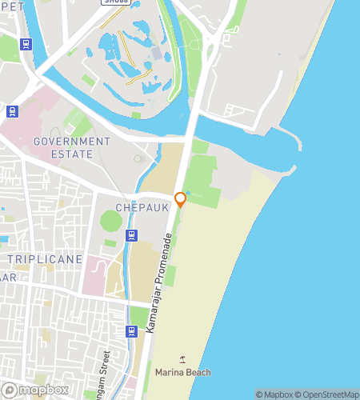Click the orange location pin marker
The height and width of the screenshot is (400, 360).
[180, 199]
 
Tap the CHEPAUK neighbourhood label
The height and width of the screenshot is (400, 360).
[142, 207]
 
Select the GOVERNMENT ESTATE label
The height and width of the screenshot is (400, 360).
[72, 147]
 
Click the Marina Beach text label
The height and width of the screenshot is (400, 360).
[182, 372]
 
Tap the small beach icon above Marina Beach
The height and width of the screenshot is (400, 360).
[183, 359]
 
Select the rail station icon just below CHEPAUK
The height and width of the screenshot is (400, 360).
[132, 235]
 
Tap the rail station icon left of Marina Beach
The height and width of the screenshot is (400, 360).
[132, 331]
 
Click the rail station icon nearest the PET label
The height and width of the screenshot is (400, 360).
[26, 44]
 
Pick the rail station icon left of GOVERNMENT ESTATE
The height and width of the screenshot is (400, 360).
[11, 111]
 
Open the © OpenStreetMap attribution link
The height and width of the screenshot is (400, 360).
[328, 394]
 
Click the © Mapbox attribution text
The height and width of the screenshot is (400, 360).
[274, 394]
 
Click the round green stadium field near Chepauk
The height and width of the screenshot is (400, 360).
[111, 219]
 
